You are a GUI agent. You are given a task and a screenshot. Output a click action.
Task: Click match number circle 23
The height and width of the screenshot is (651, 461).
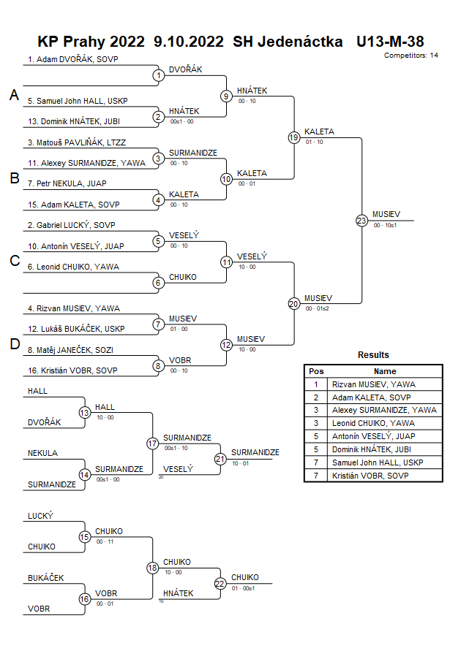pos(361,221)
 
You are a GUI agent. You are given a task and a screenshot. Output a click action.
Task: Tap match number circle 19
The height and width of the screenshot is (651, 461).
pos(294,137)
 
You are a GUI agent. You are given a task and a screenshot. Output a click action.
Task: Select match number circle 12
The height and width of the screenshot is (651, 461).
pos(226,345)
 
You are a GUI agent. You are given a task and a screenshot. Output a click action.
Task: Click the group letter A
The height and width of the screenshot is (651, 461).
pos(14,95)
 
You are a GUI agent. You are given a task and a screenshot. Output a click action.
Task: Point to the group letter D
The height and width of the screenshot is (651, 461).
pos(14,345)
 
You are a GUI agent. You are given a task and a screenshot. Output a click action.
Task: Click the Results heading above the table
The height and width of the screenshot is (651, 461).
pos(373,355)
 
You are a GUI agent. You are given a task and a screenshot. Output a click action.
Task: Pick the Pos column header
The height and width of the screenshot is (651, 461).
pos(316,371)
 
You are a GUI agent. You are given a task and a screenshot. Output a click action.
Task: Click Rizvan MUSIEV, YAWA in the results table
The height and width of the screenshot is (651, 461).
pos(374,384)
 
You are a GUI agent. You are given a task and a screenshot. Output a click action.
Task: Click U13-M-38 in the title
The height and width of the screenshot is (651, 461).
pos(390,42)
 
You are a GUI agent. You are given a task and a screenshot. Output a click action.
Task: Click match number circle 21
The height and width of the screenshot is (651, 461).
pos(220,459)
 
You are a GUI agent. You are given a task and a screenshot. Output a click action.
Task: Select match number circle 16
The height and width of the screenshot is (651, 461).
pos(85,599)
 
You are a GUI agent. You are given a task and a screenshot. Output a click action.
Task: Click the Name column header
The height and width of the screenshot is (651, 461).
pos(385,371)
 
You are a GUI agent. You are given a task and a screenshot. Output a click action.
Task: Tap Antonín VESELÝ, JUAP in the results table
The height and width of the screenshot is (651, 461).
pos(374,436)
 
